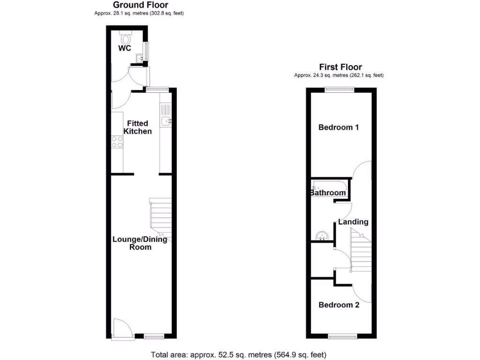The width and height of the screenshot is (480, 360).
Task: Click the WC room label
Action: pos(124,48)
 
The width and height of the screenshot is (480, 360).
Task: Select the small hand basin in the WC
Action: pos(140,58)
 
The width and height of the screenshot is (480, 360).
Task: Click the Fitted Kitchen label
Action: pos(137,127)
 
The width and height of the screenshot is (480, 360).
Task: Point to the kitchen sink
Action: pos(166,121)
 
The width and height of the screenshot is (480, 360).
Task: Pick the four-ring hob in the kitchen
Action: pos(117,142)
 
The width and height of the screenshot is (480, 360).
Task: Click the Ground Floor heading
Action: pos(141,5)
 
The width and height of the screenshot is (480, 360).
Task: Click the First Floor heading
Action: pos(341,67)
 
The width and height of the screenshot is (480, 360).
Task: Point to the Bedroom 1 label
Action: pos(339,127)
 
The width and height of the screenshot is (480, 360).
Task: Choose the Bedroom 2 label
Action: pos(339,305)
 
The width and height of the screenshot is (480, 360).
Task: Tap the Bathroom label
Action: pos(328,193)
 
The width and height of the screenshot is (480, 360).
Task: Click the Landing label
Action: pos(353,222)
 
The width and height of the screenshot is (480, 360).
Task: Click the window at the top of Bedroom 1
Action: pos(340,89)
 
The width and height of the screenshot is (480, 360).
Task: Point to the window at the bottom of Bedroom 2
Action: pos(341,336)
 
